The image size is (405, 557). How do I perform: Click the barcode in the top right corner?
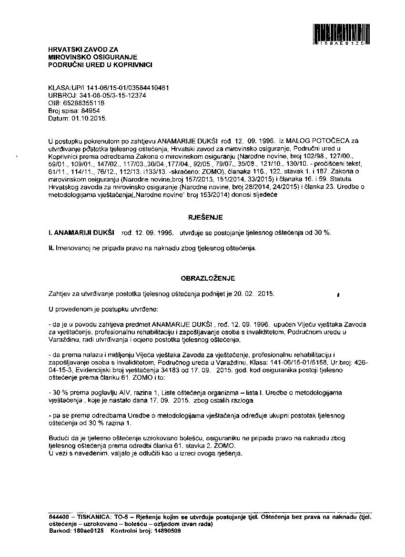coord(341,33)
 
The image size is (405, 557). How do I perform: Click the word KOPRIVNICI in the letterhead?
coord(134,65)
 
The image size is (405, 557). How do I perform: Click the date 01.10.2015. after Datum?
coord(89,117)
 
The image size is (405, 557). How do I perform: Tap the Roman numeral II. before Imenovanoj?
coord(51,248)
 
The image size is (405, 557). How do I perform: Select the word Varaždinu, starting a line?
coord(63,340)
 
